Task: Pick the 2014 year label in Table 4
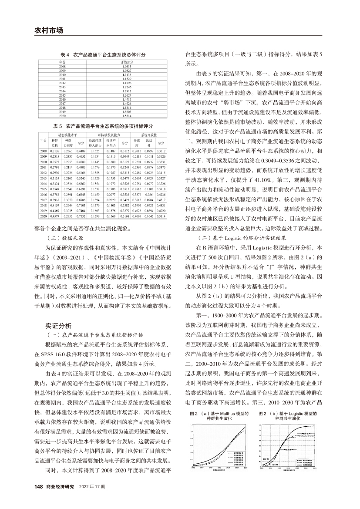62,91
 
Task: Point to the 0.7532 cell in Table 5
81,216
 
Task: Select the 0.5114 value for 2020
161,216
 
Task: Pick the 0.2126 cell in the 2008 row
55,151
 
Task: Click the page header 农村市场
48,30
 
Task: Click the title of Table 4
102,55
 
